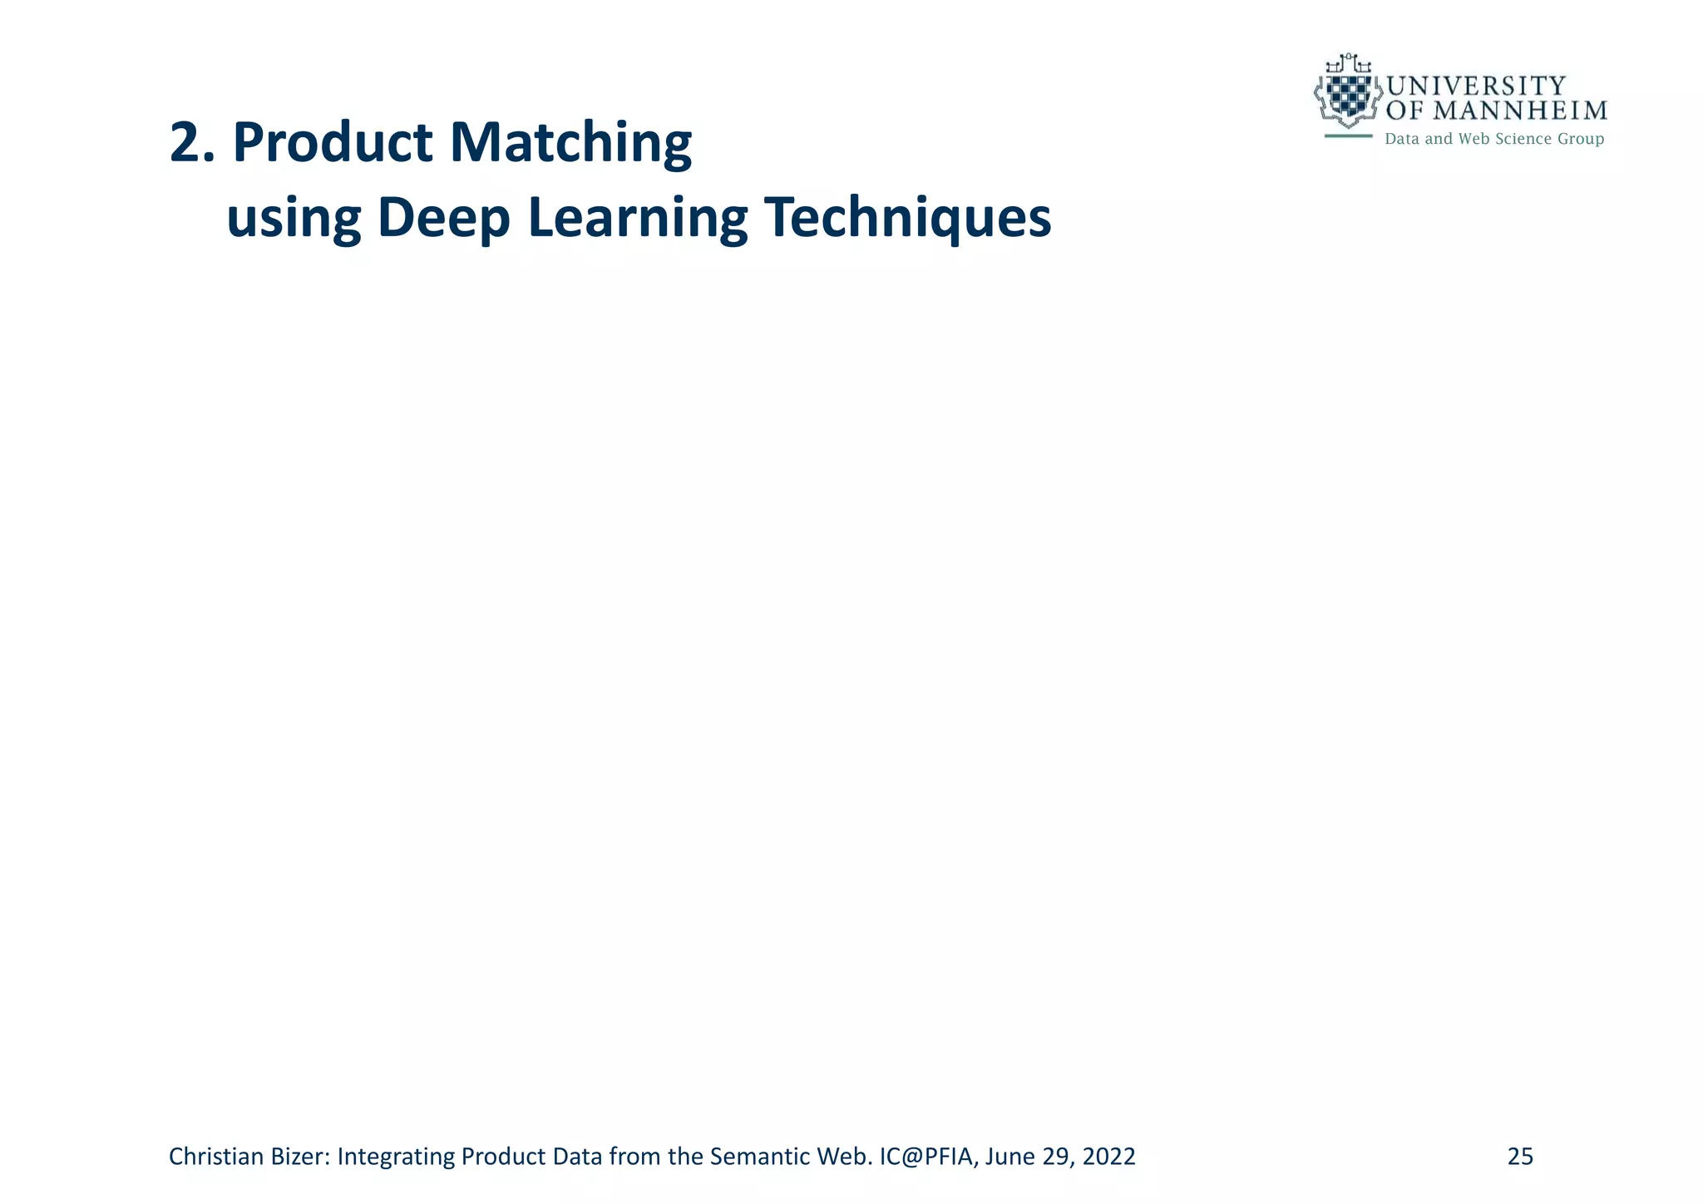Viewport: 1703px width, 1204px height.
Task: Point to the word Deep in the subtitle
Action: point(443,220)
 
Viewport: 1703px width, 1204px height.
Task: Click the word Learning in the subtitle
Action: point(639,220)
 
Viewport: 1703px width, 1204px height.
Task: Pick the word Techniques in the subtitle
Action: point(907,220)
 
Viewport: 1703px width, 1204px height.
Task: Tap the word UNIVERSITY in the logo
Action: point(1476,86)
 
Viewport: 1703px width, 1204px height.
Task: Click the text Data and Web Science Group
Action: point(1493,139)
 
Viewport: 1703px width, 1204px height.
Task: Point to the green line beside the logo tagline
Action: point(1348,136)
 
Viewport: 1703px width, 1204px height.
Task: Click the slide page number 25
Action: point(1520,1157)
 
